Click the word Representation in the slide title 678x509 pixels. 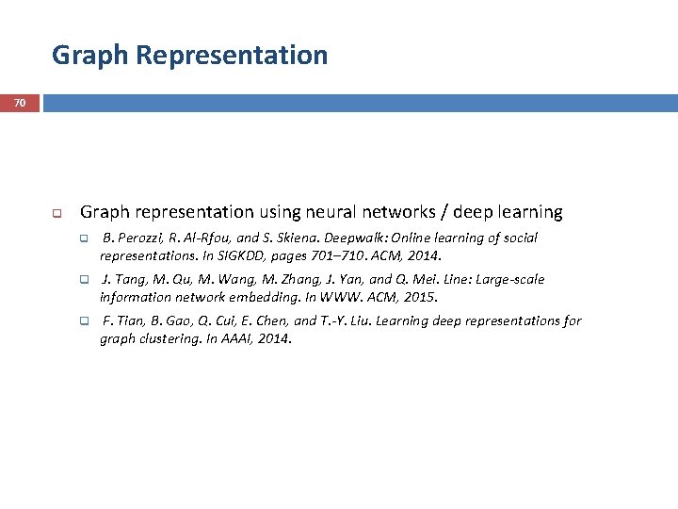tap(232, 55)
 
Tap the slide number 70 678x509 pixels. tap(20, 102)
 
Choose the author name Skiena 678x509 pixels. tap(299, 238)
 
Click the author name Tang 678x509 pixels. tap(129, 280)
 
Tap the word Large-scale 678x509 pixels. tap(509, 280)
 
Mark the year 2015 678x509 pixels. tap(422, 297)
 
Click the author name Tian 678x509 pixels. tap(127, 321)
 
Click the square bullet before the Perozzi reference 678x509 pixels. tap(83, 238)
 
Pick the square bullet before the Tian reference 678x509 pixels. tap(83, 321)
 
